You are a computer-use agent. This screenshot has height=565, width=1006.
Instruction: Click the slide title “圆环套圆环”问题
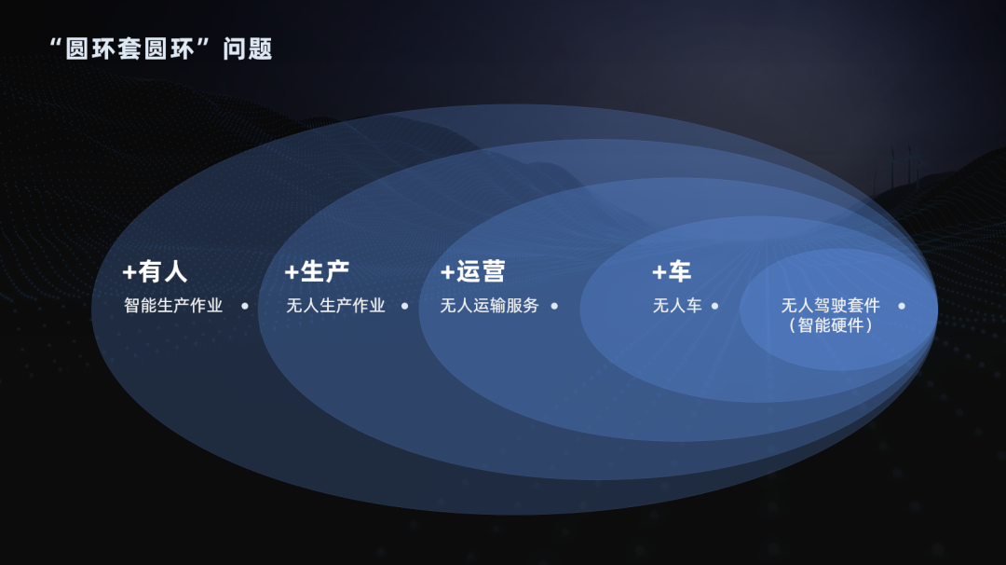[160, 49]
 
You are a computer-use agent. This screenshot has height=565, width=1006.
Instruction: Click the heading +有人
[155, 271]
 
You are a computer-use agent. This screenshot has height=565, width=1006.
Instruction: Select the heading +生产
[317, 271]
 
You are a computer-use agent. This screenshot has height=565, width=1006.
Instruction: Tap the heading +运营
[472, 271]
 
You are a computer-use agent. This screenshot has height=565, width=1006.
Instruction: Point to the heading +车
[671, 271]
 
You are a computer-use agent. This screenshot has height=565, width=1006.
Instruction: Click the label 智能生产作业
[173, 306]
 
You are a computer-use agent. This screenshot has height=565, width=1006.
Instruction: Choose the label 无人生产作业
[335, 306]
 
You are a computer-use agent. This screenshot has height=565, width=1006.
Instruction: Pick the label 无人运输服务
[490, 306]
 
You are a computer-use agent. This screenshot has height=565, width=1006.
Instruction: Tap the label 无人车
[677, 306]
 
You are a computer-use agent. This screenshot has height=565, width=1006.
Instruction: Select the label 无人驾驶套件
[830, 306]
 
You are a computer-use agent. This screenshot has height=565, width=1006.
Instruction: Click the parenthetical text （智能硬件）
[830, 326]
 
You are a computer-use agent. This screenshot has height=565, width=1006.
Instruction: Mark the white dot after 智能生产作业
[245, 306]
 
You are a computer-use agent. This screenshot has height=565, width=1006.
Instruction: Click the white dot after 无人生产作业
[404, 306]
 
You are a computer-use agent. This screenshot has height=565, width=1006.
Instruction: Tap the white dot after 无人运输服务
[554, 306]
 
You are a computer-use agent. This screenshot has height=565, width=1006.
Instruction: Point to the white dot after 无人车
[714, 306]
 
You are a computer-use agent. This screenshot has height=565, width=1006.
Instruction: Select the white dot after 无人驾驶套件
[901, 306]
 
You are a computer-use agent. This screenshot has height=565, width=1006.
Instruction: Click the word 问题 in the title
[248, 49]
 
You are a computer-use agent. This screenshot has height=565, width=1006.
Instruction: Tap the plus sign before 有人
[129, 272]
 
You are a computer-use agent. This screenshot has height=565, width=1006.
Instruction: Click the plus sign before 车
[659, 272]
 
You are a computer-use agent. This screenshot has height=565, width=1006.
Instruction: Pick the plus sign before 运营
[447, 272]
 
